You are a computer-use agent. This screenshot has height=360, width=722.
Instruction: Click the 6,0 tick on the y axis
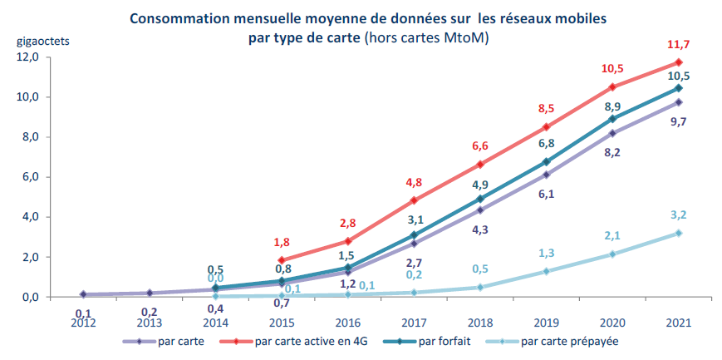point(30,177)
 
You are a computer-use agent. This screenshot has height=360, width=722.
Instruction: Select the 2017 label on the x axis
point(414,323)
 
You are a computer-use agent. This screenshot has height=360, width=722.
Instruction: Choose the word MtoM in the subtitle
point(467,37)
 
